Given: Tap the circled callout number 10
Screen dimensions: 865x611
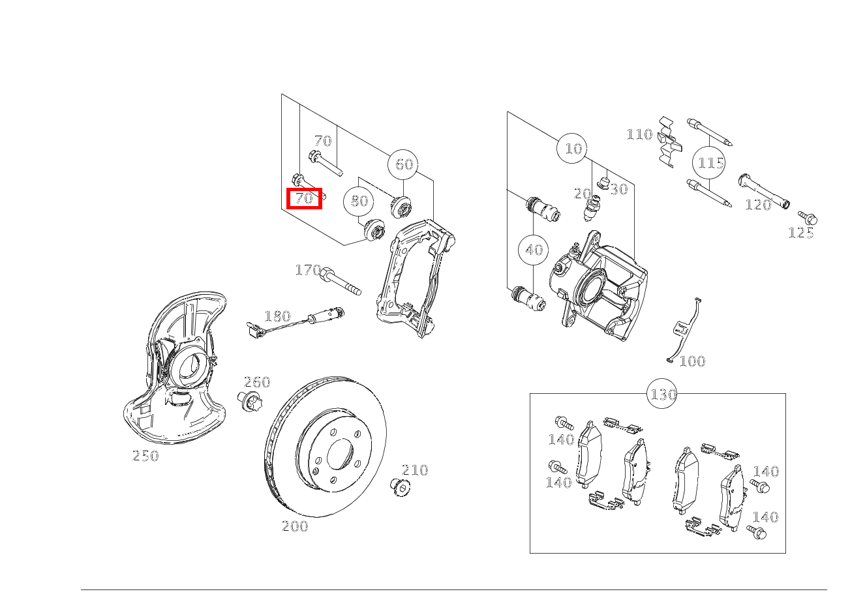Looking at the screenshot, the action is [x=573, y=149].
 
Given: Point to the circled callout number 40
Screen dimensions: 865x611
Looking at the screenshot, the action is [x=534, y=250].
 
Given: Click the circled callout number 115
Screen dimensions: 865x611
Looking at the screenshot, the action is [x=709, y=163].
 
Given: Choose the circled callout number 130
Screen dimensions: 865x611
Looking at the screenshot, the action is [x=663, y=394].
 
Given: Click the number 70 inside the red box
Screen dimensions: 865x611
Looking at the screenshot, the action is [x=304, y=198].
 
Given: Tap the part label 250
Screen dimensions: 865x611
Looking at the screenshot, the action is [x=145, y=456].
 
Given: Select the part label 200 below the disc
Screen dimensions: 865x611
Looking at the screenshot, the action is [x=295, y=526].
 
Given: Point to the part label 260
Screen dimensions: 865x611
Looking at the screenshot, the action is [x=257, y=382].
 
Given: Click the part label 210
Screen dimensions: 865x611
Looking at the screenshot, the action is [x=415, y=469].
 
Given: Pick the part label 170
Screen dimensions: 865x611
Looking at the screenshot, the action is [x=308, y=270].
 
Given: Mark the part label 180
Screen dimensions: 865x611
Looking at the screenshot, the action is [x=278, y=316].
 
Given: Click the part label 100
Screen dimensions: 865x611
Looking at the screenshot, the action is [x=692, y=361].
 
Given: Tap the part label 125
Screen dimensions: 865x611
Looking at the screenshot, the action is [x=801, y=233].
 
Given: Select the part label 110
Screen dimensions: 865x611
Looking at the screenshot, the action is [x=639, y=134].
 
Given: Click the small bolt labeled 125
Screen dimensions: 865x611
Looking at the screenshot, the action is [x=808, y=218].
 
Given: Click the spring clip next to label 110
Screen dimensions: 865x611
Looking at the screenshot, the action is [x=670, y=142].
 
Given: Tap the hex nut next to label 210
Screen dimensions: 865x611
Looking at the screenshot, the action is [x=401, y=488].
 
